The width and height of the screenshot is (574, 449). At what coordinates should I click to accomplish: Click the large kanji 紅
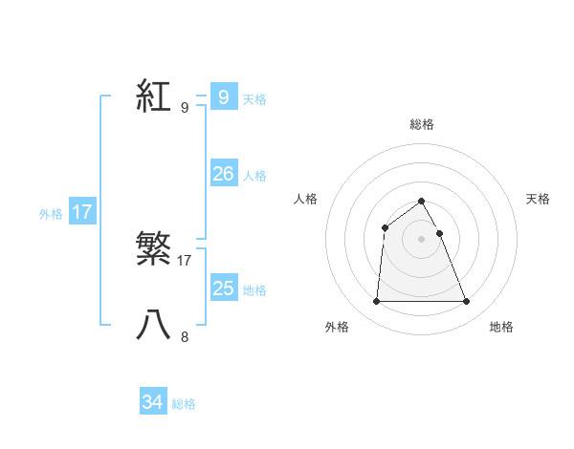click(x=154, y=96)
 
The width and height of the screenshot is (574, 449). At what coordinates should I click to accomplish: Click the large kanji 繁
click(x=154, y=249)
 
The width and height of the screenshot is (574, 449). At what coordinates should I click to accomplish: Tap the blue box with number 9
click(x=223, y=96)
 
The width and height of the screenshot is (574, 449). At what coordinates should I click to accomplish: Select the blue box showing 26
click(x=223, y=174)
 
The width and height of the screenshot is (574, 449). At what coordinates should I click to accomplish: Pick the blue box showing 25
click(x=223, y=289)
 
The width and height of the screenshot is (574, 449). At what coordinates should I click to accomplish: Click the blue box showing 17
click(x=82, y=212)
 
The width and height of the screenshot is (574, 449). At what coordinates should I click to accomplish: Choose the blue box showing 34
click(x=152, y=403)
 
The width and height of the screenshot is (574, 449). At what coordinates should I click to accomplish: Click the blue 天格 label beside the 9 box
click(x=254, y=98)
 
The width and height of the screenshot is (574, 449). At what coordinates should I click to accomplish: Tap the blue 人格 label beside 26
click(x=254, y=176)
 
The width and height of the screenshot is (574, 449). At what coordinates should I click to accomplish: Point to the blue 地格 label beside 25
click(x=254, y=290)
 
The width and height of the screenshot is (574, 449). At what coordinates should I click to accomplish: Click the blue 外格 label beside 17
click(x=51, y=214)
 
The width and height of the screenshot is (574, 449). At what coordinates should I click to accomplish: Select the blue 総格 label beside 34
click(x=184, y=405)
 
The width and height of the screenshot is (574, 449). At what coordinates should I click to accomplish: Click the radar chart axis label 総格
click(x=421, y=124)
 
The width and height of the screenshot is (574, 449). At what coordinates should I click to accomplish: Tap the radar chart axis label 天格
click(x=538, y=199)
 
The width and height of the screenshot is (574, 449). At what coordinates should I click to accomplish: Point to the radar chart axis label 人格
click(x=305, y=199)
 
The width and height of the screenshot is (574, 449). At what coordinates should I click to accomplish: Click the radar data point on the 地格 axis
click(x=466, y=302)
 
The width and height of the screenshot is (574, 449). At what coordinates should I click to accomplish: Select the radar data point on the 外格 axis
click(x=376, y=302)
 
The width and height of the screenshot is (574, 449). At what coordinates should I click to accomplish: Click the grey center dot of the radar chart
click(x=421, y=239)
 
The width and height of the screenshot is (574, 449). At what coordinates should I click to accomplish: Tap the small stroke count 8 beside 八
click(x=185, y=336)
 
